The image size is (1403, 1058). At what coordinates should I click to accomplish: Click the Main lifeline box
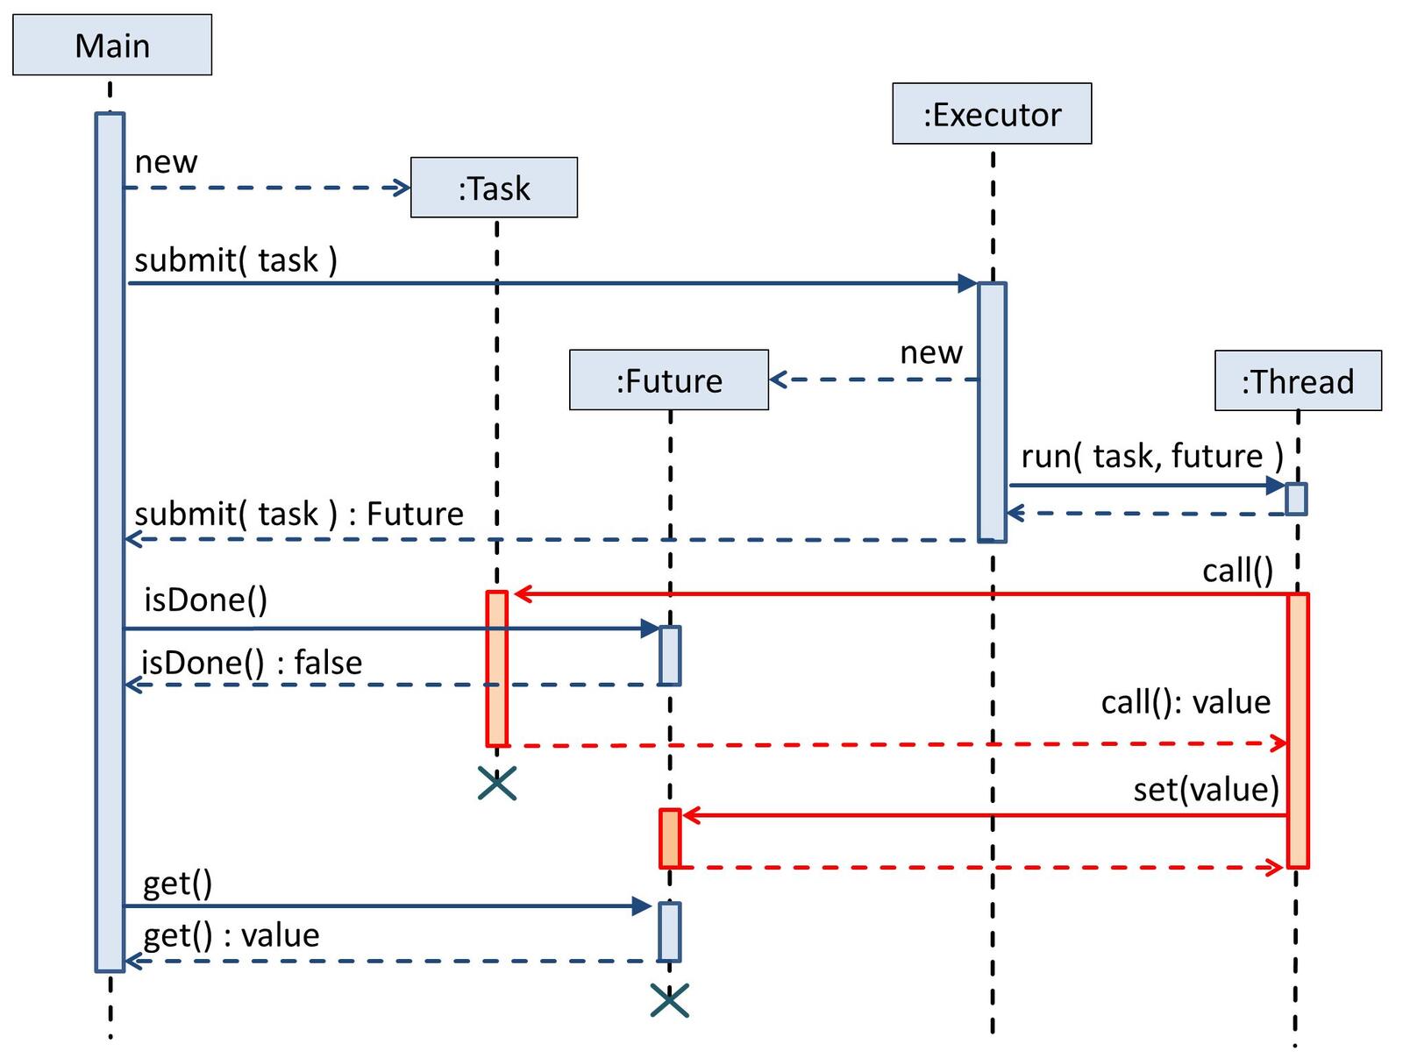point(112,46)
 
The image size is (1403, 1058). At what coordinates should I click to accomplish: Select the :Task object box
point(494,188)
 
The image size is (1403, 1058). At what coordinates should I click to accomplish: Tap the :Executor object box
point(992,114)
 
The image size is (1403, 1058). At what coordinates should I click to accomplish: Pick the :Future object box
point(669,380)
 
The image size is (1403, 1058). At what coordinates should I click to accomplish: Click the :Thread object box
point(1298,381)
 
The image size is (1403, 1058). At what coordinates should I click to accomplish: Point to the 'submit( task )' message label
point(236,260)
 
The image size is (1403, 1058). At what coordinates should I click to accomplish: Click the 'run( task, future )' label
point(1152,456)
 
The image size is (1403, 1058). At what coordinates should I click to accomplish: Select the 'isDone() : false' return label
point(253,662)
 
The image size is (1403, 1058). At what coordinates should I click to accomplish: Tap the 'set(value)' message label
point(1206,789)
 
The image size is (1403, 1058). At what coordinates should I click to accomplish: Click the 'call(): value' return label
point(1186,701)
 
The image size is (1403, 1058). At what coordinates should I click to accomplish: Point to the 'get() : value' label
point(231,934)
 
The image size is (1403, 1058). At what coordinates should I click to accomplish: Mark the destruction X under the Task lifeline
point(497,783)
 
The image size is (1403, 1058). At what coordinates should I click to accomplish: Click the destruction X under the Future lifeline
point(670,999)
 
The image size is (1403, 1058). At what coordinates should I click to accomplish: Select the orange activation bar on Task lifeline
point(497,668)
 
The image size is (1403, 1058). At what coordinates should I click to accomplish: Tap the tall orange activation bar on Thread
point(1298,729)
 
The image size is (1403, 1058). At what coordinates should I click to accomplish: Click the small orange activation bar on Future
point(670,839)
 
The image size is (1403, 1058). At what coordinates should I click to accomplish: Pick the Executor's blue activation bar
point(992,412)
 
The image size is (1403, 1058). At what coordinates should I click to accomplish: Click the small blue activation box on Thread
point(1296,499)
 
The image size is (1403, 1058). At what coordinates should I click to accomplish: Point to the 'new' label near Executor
point(931,352)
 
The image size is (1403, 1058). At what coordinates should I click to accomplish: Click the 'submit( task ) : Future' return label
point(299,514)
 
